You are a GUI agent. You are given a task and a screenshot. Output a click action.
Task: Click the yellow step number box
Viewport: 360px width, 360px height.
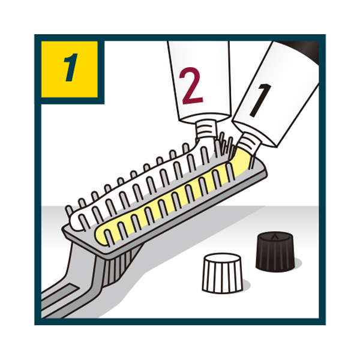click(70, 69)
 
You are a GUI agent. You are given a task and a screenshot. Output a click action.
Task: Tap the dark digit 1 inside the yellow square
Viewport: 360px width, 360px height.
click(71, 67)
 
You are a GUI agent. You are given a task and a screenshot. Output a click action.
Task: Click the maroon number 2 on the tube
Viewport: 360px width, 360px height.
click(191, 86)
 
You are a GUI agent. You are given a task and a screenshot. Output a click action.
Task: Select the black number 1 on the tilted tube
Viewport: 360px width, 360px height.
click(260, 99)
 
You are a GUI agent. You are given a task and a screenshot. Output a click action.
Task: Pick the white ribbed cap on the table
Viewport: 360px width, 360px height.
click(222, 273)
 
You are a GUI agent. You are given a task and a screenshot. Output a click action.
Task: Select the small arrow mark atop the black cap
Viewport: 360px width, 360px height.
click(273, 236)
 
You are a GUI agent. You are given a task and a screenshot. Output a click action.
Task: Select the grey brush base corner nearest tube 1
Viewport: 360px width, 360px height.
click(266, 171)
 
